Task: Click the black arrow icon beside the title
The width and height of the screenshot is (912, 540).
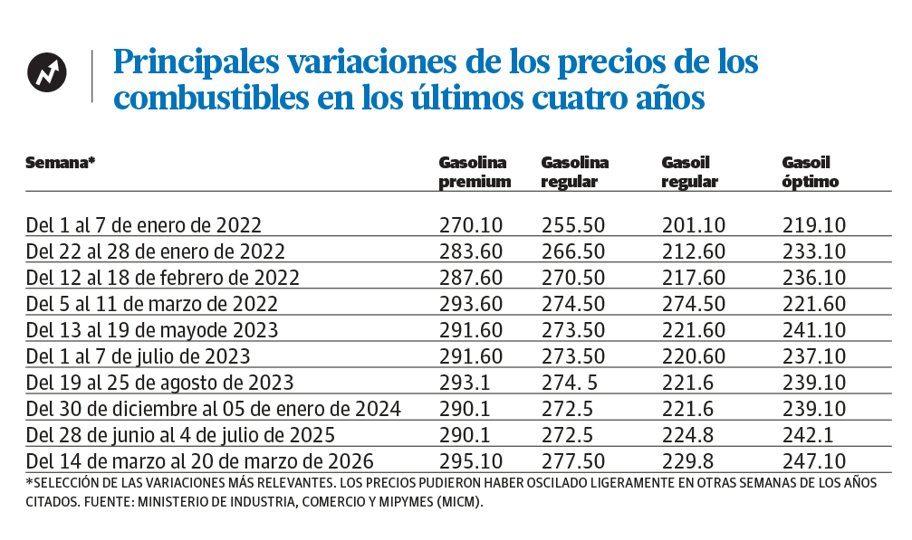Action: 46,73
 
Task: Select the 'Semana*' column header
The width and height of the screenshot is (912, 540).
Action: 61,164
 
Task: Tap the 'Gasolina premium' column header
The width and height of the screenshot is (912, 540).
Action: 475,172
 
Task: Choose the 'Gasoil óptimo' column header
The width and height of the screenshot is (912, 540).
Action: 810,172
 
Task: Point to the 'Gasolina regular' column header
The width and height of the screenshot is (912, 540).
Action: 574,172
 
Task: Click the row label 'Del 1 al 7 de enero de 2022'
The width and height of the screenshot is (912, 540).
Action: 144,224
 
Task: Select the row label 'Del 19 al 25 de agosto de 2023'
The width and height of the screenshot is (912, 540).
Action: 160,381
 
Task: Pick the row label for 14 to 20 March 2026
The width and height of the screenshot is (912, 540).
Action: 199,459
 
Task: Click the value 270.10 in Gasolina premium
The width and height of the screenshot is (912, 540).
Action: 470,224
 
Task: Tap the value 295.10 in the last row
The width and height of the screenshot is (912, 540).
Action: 470,459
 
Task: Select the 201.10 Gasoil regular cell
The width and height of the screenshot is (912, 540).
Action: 694,224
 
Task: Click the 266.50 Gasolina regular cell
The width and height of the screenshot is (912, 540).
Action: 572,251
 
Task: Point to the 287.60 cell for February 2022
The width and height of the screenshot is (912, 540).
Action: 470,277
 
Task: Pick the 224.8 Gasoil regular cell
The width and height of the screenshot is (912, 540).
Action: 687,433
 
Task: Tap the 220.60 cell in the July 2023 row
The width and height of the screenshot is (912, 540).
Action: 694,355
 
